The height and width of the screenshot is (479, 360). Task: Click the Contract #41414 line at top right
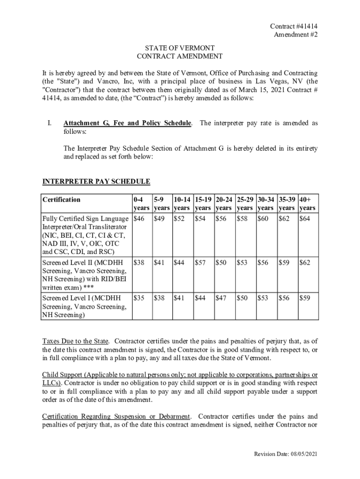point(290,27)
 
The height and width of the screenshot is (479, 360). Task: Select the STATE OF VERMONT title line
point(180,48)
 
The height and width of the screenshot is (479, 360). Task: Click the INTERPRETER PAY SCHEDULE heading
point(96,181)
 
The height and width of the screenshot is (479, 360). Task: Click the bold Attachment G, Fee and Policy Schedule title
point(127,123)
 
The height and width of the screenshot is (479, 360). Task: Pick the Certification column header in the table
point(62,200)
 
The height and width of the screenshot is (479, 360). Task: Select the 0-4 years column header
point(141,203)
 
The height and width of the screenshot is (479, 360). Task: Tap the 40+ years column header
point(308,203)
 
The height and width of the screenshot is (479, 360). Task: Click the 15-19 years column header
point(203,203)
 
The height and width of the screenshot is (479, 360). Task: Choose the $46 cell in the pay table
point(139,218)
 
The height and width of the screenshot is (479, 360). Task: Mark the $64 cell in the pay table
point(305,218)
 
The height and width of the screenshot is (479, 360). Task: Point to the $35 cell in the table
point(139,298)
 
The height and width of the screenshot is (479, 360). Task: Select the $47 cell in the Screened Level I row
point(222,298)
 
